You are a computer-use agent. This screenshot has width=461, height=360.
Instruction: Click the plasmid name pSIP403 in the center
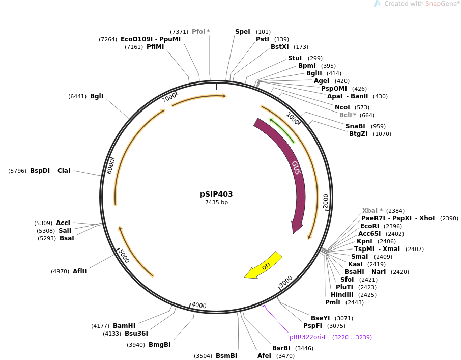[x=216, y=194]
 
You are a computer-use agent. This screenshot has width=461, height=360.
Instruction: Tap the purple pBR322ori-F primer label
[x=308, y=337]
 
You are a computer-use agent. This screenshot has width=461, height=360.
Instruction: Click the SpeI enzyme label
[x=243, y=32]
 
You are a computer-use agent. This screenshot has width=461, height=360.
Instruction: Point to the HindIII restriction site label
[x=342, y=295]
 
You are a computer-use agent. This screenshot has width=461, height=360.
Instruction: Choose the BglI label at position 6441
[x=97, y=96]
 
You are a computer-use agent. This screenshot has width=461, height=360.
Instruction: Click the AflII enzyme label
[x=79, y=271]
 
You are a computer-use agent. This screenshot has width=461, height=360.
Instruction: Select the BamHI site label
[x=124, y=326]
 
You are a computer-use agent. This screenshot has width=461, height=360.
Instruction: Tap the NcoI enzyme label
[x=342, y=107]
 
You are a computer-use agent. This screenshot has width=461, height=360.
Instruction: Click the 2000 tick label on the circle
[x=326, y=200]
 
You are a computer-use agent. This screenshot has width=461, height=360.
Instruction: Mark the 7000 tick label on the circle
[x=169, y=97]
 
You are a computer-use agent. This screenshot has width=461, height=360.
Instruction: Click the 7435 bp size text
[x=216, y=203]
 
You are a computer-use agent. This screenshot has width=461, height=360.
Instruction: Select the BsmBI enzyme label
[x=226, y=356]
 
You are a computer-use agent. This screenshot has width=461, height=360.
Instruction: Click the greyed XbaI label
[x=372, y=211]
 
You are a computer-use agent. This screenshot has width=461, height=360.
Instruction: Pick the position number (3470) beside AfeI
[x=285, y=356]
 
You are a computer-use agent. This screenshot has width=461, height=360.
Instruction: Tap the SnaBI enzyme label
[x=355, y=126]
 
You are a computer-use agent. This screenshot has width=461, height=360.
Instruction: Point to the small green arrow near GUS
[x=282, y=130]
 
